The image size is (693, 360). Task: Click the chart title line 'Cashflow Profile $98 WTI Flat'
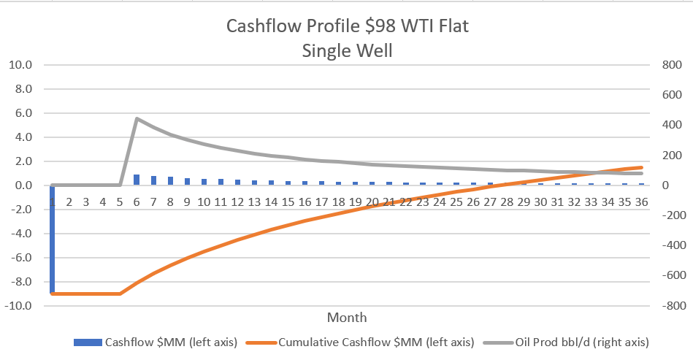(x=346, y=26)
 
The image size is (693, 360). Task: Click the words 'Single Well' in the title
(x=346, y=51)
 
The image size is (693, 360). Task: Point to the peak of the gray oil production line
(x=137, y=118)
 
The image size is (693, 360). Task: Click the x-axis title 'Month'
(x=347, y=318)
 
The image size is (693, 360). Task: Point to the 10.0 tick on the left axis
(x=20, y=65)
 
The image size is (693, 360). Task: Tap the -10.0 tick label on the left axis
(x=18, y=306)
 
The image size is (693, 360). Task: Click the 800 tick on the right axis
(x=669, y=65)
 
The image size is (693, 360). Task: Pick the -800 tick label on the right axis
(x=667, y=306)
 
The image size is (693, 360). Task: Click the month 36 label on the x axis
(x=640, y=202)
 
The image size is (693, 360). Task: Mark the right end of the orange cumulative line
(x=641, y=167)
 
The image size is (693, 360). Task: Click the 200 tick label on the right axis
(x=669, y=156)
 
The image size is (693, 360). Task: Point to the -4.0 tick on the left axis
(x=20, y=234)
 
